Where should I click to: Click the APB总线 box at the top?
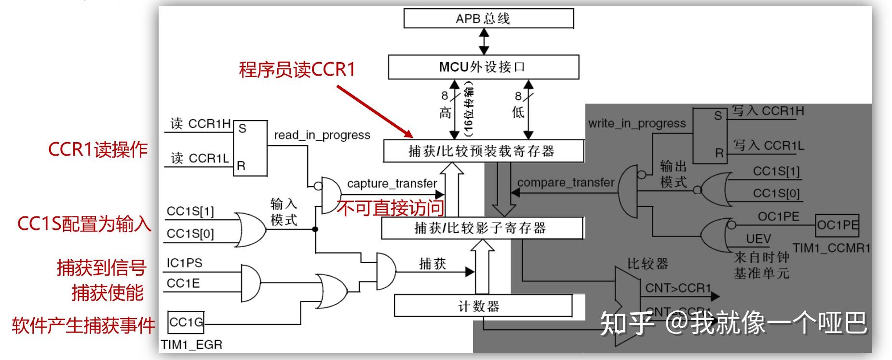point(488,19)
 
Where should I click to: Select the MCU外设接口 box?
point(483,67)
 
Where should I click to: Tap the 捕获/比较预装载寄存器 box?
point(483,151)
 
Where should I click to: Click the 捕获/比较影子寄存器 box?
point(482,228)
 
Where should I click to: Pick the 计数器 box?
point(483,306)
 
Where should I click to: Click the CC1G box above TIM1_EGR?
point(186,322)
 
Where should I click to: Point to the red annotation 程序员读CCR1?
point(297,69)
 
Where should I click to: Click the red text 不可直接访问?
point(390,208)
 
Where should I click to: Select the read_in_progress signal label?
point(322,135)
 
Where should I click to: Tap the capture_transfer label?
point(392,184)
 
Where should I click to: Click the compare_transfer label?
point(566,183)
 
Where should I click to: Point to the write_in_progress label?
point(636,123)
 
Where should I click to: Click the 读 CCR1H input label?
point(200,124)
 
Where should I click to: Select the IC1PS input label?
point(184,263)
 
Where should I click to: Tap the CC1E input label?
point(183,283)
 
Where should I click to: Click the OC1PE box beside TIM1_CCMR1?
point(838,225)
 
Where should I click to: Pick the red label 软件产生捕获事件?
point(83,325)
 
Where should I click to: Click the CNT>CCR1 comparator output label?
point(678,288)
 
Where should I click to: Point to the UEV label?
point(758,239)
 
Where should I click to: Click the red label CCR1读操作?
point(97,149)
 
